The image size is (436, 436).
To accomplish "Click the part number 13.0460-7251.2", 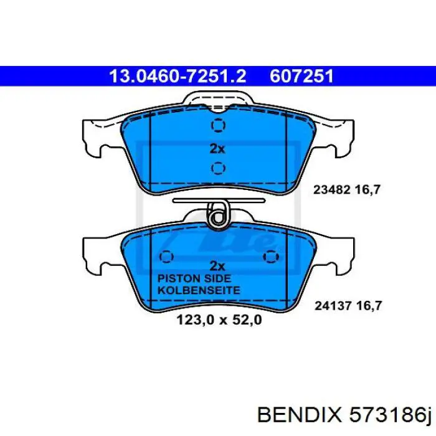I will (x=178, y=76).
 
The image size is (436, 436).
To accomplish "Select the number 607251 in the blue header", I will (x=302, y=76).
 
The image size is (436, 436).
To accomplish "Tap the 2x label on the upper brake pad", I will (x=217, y=148).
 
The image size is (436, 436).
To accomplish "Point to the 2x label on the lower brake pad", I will (x=217, y=264).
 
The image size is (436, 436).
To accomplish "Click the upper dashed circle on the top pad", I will (x=217, y=126).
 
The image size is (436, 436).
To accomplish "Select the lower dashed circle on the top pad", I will (x=217, y=168).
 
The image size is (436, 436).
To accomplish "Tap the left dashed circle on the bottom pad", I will (x=166, y=257).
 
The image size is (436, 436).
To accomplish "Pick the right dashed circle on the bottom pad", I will (x=270, y=257).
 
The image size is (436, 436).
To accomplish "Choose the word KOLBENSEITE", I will (x=198, y=290).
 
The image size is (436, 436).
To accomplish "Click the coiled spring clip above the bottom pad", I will (x=218, y=216).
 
